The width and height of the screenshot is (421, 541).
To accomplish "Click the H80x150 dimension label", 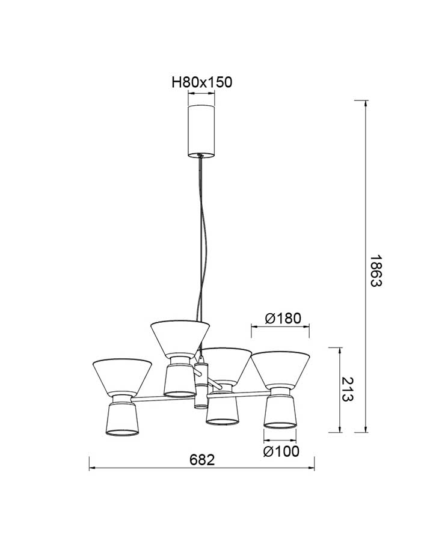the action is coord(202,82).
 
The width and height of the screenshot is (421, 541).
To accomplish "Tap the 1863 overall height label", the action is coord(375,271).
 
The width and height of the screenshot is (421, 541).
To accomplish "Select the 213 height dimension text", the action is coord(348,389).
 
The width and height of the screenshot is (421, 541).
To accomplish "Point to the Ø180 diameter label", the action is coord(283,318).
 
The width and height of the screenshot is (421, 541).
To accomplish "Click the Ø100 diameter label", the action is coord(281,451).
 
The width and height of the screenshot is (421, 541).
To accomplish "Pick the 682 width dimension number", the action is coord(202,460).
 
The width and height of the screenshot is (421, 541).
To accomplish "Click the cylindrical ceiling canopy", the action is coord(201,132).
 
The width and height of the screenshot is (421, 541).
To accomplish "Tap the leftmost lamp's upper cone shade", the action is coord(123,377).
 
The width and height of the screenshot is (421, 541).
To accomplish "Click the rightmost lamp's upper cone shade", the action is coord(280,370).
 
